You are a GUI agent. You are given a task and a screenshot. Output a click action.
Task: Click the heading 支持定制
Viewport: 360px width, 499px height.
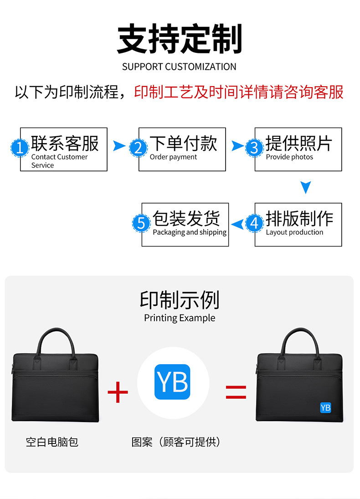pyautogui.click(x=180, y=39)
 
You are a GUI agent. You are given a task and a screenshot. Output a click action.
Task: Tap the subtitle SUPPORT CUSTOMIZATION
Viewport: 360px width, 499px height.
pyautogui.click(x=179, y=67)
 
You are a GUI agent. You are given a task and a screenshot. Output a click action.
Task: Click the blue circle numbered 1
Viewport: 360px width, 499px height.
pyautogui.click(x=20, y=148)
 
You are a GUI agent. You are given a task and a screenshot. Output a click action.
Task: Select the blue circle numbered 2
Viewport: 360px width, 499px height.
pyautogui.click(x=138, y=148)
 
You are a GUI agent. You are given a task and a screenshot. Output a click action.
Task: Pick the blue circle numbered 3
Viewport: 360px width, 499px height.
pyautogui.click(x=254, y=148)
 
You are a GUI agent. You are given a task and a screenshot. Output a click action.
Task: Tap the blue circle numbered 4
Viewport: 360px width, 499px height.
pyautogui.click(x=254, y=223)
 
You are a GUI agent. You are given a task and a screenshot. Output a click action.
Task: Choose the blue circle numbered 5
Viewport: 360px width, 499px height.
pyautogui.click(x=141, y=223)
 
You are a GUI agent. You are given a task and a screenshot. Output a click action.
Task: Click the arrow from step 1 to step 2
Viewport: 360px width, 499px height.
pyautogui.click(x=119, y=146)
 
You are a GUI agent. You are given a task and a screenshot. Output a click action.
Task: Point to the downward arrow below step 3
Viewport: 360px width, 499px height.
pyautogui.click(x=306, y=187)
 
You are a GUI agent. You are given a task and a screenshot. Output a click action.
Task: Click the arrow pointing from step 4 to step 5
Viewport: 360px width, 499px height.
pyautogui.click(x=237, y=224)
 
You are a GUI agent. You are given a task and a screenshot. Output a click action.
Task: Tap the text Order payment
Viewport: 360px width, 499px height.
pyautogui.click(x=173, y=157)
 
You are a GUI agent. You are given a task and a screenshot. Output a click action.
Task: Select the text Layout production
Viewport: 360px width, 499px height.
pyautogui.click(x=294, y=232)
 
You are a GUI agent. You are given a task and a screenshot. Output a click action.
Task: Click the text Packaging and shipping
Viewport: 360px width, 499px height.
pyautogui.click(x=190, y=232)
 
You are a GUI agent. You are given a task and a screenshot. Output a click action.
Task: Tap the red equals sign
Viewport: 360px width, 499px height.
pyautogui.click(x=236, y=392)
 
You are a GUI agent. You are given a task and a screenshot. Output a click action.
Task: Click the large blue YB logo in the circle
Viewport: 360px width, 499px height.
pyautogui.click(x=172, y=382)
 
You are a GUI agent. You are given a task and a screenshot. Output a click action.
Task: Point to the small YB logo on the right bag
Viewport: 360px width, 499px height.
pyautogui.click(x=325, y=407)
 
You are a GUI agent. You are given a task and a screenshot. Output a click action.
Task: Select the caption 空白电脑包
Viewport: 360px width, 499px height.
pyautogui.click(x=52, y=442)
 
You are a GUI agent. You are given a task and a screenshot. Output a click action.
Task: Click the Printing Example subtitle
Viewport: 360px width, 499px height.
pyautogui.click(x=180, y=318)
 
